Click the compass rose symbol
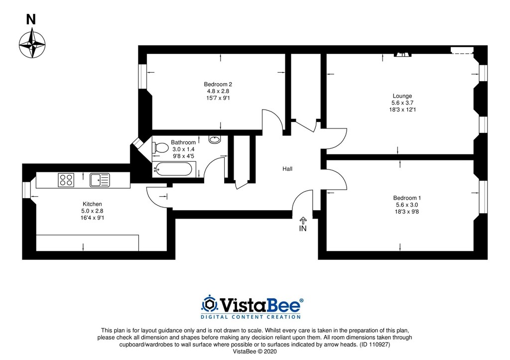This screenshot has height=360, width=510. pyautogui.click(x=32, y=43)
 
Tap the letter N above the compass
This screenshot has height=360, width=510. pyautogui.click(x=31, y=19)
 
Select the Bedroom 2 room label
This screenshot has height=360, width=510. pyautogui.click(x=218, y=84)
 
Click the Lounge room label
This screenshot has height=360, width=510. pyautogui.click(x=402, y=96)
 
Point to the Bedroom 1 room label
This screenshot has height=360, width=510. pyautogui.click(x=407, y=198)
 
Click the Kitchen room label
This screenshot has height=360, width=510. pyautogui.click(x=92, y=204)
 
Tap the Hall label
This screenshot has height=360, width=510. pyautogui.click(x=287, y=169)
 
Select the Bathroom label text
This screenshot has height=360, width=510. pyautogui.click(x=183, y=142)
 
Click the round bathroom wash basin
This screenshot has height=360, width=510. pyautogui.click(x=214, y=139)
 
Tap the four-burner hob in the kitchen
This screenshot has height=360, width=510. pyautogui.click(x=66, y=180)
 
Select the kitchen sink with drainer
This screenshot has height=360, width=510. pyautogui.click(x=100, y=180)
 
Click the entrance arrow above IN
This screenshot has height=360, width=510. pyautogui.click(x=303, y=221)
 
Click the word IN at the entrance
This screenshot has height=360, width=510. pyautogui.click(x=303, y=229)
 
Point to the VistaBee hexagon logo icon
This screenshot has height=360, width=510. pyautogui.click(x=210, y=304)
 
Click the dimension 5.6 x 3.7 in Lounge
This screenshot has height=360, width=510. pyautogui.click(x=402, y=103)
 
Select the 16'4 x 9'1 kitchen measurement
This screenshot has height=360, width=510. pyautogui.click(x=92, y=218)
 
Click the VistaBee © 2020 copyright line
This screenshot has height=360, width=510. pyautogui.click(x=255, y=352)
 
